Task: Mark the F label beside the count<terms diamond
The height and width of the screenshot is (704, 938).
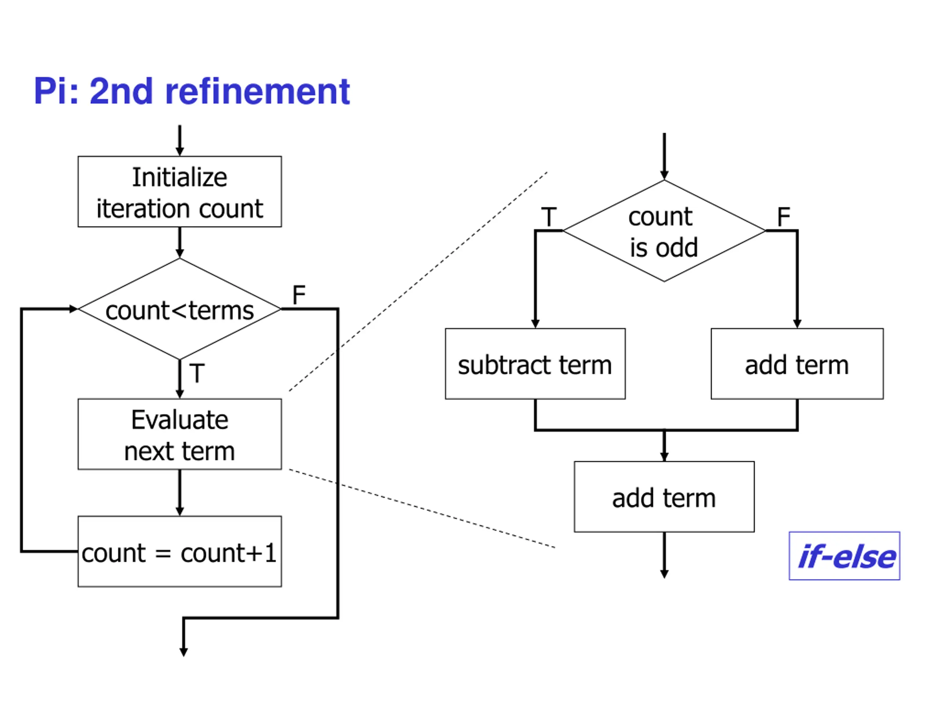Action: point(299,294)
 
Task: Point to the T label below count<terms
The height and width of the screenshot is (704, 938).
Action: point(197,373)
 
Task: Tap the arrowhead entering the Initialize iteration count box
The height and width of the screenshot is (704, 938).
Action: point(180,151)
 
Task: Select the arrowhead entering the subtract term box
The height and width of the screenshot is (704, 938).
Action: point(535,324)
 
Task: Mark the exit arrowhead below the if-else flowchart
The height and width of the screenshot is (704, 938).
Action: point(665,574)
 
